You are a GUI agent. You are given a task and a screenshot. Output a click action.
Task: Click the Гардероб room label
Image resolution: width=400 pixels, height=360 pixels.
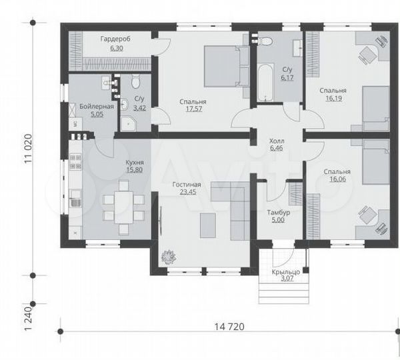tap(115, 39)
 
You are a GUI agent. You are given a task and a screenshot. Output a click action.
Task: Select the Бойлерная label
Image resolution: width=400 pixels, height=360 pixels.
tap(97, 107)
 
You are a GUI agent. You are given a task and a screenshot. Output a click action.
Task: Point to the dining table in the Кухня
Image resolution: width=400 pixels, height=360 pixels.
tap(124, 207)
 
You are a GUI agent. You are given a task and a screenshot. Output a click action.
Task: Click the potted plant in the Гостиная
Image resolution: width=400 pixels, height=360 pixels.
tap(169, 257)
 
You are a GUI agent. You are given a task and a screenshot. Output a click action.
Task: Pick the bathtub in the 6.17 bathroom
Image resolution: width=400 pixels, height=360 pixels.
tap(265, 83)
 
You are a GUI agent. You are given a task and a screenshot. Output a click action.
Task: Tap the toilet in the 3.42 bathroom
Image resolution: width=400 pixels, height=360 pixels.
tap(135, 81)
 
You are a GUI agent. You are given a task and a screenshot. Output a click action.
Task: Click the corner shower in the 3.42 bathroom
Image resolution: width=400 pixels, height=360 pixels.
tap(129, 124)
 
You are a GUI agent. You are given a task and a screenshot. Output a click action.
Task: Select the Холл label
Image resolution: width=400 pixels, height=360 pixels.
tap(277, 141)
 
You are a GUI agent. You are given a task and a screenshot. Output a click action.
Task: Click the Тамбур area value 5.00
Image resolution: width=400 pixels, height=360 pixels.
tap(278, 220)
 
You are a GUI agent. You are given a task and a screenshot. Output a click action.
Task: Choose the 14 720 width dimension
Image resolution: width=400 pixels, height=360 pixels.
tap(229, 327)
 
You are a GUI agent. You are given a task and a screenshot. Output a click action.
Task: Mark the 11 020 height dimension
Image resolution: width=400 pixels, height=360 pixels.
tap(28, 149)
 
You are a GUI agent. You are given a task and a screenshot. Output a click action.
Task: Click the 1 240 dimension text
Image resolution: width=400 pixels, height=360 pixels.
tap(28, 318)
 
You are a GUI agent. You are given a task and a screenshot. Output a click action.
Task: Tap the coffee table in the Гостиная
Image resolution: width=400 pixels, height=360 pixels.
tap(208, 225)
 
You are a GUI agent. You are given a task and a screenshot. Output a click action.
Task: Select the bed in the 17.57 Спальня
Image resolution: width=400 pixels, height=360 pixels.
tap(227, 66)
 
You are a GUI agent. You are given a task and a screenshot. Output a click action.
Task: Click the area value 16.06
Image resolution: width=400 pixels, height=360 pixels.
tap(338, 179)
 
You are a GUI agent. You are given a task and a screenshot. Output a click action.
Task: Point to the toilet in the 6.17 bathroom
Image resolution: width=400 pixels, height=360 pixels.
tap(265, 41)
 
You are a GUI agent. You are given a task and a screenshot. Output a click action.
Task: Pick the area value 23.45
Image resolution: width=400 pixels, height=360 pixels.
tap(188, 192)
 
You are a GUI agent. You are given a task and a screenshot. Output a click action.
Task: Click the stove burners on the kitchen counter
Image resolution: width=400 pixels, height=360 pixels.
tap(75, 161)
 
